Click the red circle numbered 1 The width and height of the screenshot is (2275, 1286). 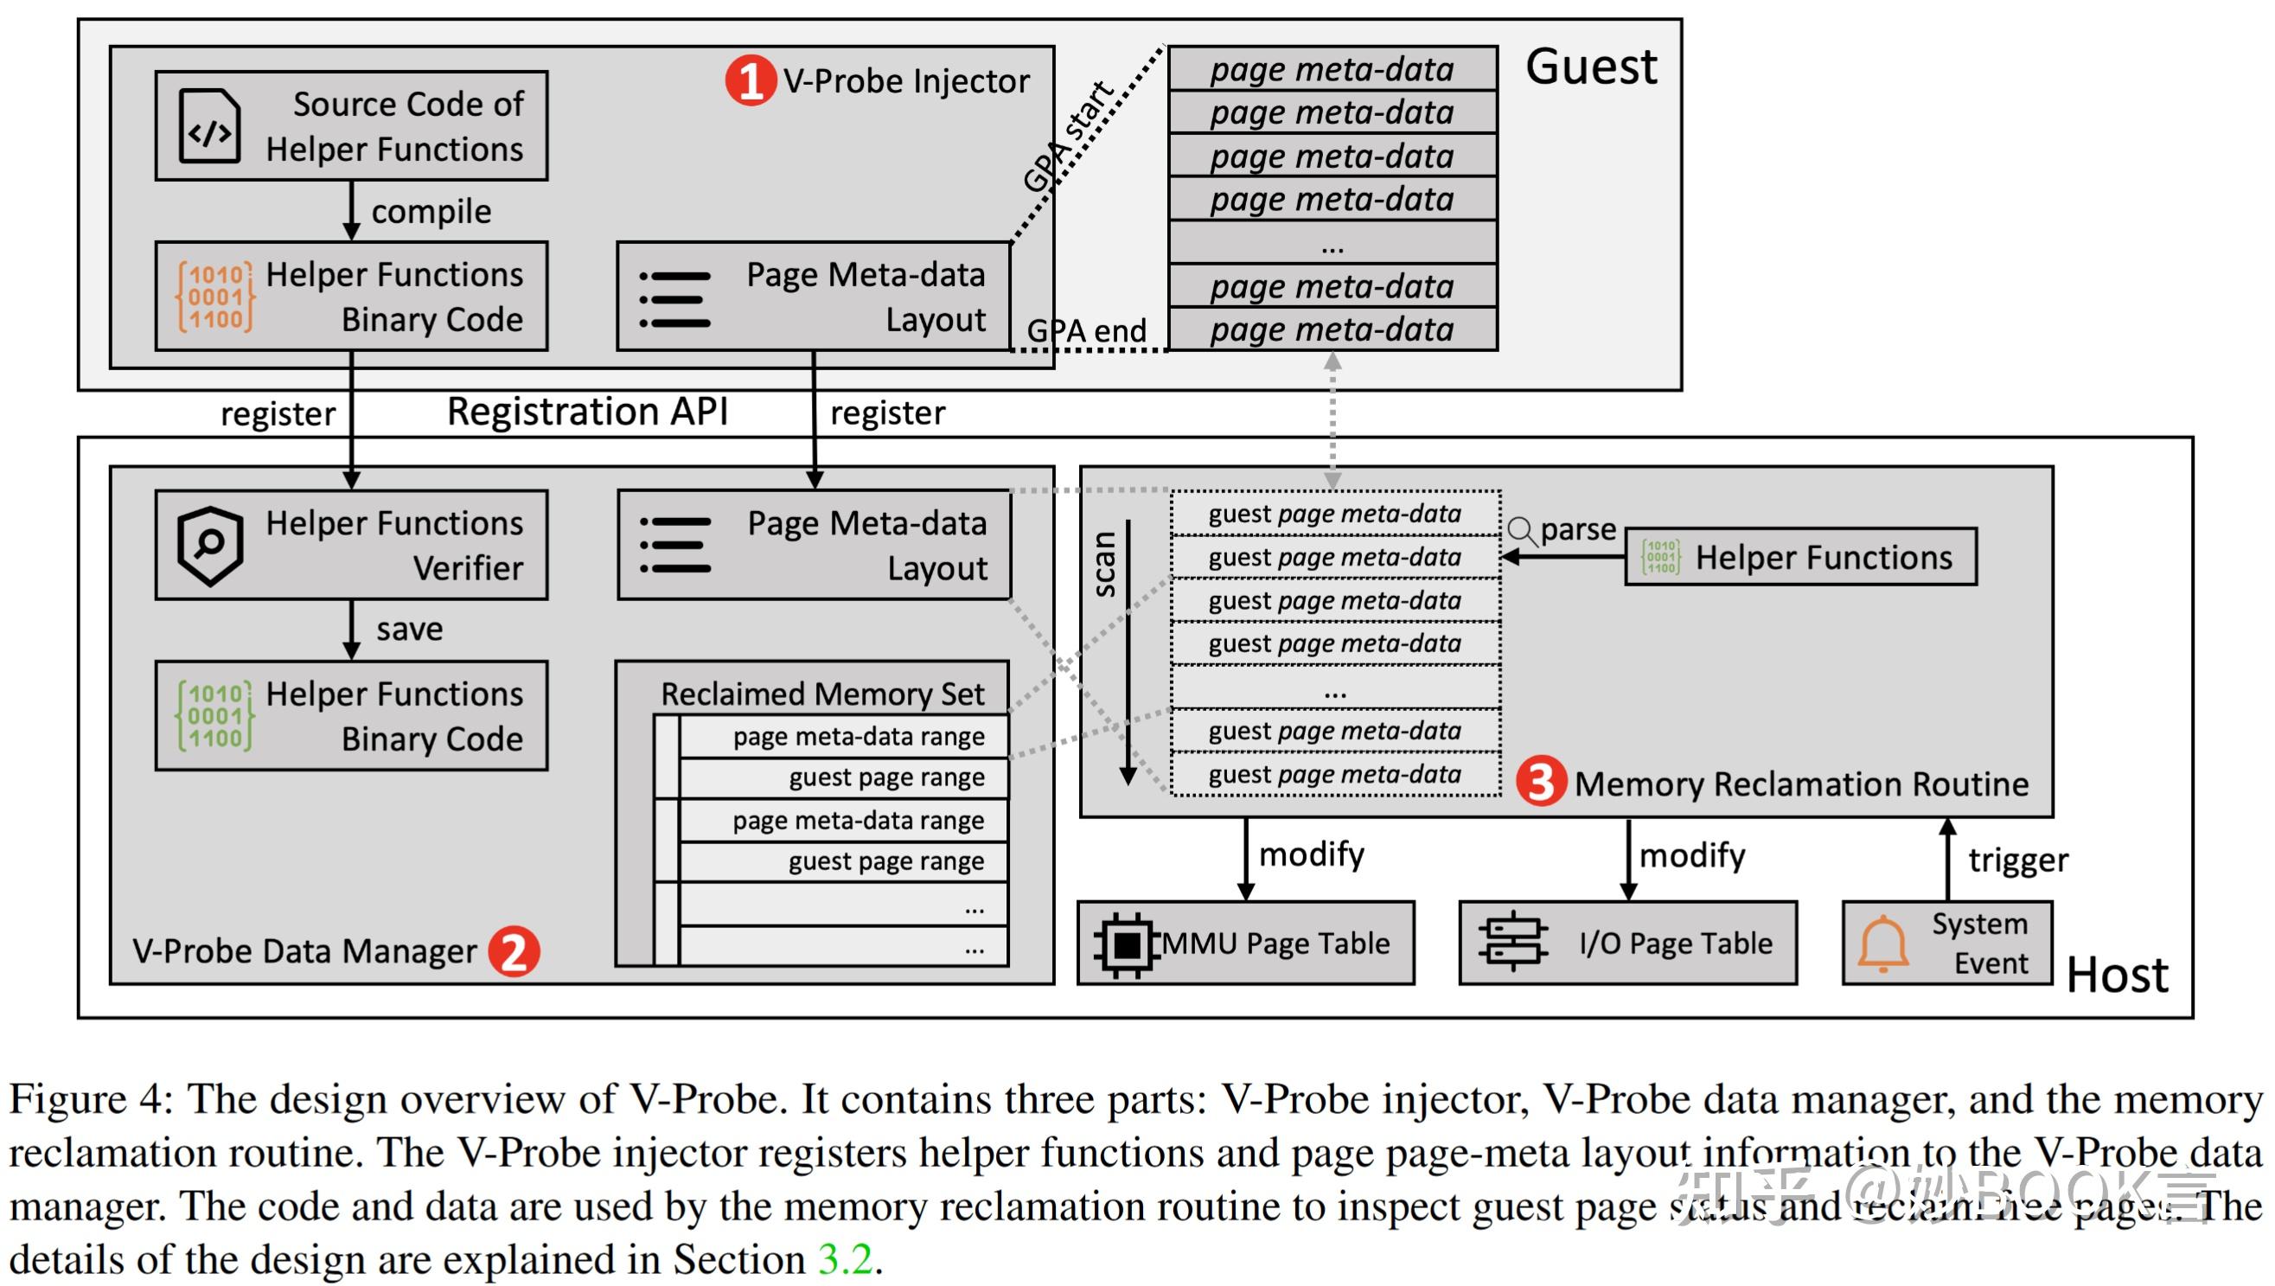(x=750, y=80)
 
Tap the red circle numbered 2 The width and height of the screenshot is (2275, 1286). (x=514, y=951)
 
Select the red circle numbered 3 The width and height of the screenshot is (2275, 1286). (x=1541, y=782)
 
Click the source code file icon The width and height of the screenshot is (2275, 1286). (x=209, y=126)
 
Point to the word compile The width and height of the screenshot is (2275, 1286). (x=431, y=212)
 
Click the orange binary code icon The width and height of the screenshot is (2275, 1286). (x=215, y=297)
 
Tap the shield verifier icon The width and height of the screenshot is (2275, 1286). (x=209, y=545)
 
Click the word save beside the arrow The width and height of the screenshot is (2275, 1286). (x=409, y=629)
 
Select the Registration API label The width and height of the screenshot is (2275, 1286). (x=587, y=412)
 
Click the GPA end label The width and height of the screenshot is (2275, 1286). (x=1085, y=331)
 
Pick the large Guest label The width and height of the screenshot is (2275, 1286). (x=1590, y=67)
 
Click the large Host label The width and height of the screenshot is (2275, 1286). (x=2116, y=976)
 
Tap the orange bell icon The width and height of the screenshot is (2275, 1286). (x=1883, y=944)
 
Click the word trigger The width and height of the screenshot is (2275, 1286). (x=2018, y=860)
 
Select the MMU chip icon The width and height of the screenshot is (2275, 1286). (x=1126, y=944)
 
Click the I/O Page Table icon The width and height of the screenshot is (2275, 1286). (x=1513, y=942)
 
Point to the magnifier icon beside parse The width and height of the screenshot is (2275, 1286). (x=1522, y=531)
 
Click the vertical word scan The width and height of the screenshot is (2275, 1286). (x=1105, y=565)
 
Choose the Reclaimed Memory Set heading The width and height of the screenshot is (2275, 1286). (x=822, y=694)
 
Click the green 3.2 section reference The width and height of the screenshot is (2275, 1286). (x=845, y=1258)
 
